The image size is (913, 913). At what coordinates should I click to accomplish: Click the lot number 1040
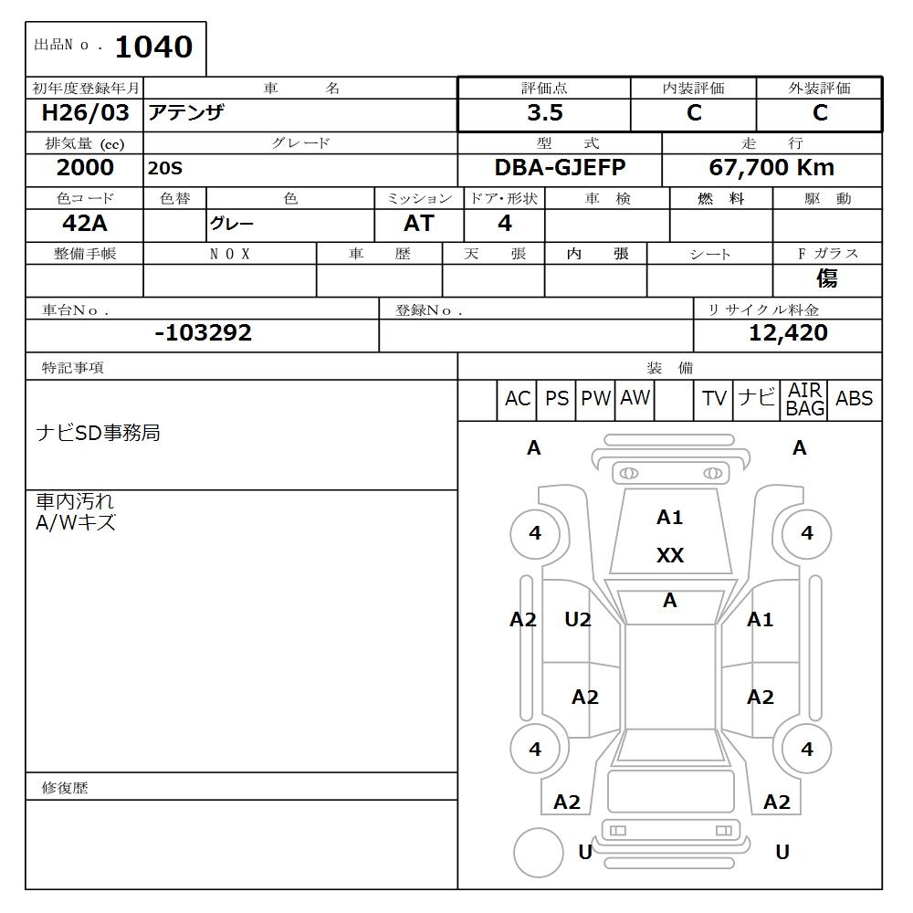pos(152,47)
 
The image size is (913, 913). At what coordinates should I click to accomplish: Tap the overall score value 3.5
pos(544,113)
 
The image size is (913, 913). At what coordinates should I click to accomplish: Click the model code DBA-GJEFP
pos(560,168)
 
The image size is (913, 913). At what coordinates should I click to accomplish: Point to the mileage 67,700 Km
pos(771,168)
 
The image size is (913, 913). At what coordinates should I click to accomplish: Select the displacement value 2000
pos(85,168)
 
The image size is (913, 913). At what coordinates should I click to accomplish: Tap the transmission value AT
pos(418,224)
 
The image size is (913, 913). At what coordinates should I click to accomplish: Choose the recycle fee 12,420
pos(787,333)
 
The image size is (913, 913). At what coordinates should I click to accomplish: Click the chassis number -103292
pos(203,333)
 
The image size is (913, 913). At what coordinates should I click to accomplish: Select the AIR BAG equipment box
pos(804,400)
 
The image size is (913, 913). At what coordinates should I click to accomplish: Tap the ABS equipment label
pos(854,399)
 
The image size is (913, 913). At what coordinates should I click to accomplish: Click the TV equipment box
pos(714,399)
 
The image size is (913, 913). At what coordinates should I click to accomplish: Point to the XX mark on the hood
pos(669,556)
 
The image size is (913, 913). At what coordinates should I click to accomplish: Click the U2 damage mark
pos(577,620)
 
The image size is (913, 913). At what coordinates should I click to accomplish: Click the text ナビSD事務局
pos(98,433)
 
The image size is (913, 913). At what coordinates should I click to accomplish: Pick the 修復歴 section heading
pos(65,787)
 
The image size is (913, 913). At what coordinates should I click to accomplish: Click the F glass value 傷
pos(826,278)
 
